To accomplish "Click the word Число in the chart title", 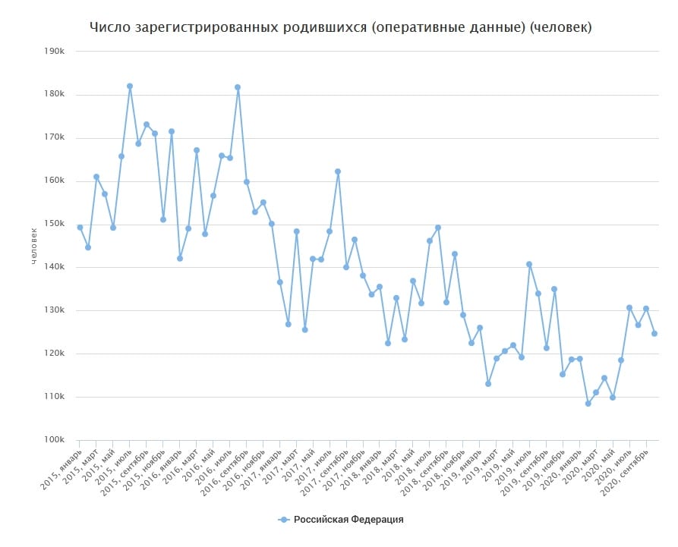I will pos(110,28).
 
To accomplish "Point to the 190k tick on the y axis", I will pos(53,52).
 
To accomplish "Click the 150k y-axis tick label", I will pos(53,225).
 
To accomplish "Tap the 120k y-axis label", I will pos(53,354).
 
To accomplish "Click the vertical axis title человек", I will pos(33,245).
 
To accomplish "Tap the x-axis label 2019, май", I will pos(494,462).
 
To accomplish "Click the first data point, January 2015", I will pos(80,228).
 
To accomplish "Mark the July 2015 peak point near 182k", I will pos(130,86).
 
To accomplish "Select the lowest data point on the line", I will pos(588,404).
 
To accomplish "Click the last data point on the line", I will pos(654,334).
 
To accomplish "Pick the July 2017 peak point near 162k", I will pos(338,171).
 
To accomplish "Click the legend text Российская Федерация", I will pos(348,520).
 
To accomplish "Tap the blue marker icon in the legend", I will pos(284,520).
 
